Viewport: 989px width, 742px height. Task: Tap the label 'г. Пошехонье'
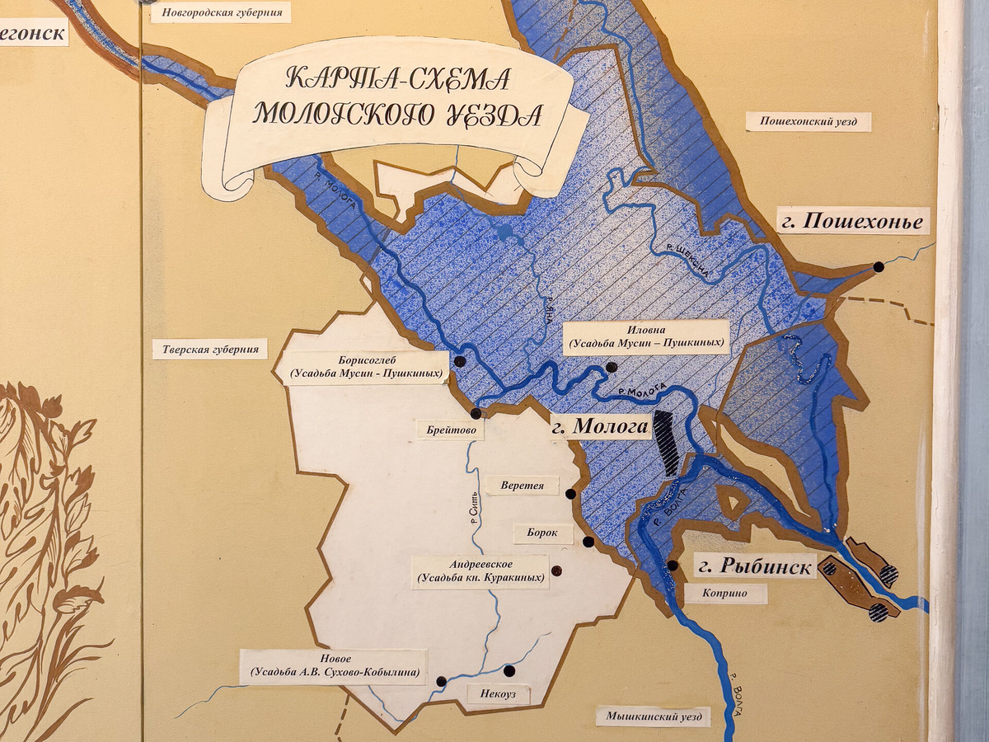click(x=853, y=221)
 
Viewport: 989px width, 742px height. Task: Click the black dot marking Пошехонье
click(x=879, y=266)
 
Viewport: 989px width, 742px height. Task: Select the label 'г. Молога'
click(x=600, y=427)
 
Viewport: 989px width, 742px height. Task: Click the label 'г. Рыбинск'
click(x=755, y=566)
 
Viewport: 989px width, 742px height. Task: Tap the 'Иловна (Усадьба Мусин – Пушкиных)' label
click(x=646, y=336)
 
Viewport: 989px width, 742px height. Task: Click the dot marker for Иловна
click(x=611, y=367)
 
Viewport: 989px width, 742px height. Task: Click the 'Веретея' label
click(x=522, y=485)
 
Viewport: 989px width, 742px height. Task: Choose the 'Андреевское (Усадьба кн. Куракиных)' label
click(x=480, y=571)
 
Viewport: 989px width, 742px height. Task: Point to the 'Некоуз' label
click(x=498, y=695)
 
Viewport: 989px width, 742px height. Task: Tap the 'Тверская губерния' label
click(x=210, y=349)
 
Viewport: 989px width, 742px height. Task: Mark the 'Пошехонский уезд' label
click(x=808, y=122)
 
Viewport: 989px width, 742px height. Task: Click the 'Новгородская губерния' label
click(x=222, y=12)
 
